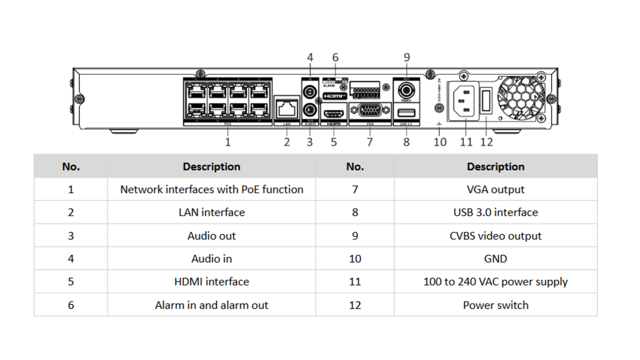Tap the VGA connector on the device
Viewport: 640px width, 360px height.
(x=370, y=110)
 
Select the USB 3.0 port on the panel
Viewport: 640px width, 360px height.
(x=406, y=113)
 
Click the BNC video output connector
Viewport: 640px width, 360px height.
(x=406, y=90)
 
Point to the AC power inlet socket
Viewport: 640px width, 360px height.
(x=463, y=101)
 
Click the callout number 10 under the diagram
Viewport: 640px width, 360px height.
(x=440, y=142)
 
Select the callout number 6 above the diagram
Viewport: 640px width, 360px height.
(x=335, y=57)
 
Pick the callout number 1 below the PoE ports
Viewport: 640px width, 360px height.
(x=228, y=142)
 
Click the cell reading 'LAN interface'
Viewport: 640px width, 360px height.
(x=212, y=212)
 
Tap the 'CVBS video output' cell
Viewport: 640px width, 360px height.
(x=495, y=236)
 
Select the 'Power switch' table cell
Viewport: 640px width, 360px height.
(x=495, y=305)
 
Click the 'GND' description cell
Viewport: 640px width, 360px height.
(x=495, y=259)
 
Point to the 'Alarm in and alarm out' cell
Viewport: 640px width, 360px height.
(x=212, y=305)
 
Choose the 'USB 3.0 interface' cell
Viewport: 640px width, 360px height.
(x=495, y=212)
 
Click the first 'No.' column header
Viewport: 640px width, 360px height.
(x=71, y=166)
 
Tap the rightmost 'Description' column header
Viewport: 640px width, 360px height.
(x=495, y=166)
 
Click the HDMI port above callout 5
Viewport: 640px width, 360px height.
(x=334, y=114)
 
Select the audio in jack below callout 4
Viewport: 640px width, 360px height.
(x=310, y=91)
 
